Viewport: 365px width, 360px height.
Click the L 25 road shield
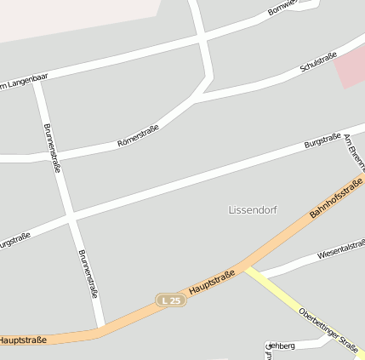click(x=169, y=300)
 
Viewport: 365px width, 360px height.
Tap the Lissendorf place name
click(x=253, y=209)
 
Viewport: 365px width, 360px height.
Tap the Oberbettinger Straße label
click(x=328, y=330)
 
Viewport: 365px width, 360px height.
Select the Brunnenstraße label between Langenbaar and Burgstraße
click(x=51, y=148)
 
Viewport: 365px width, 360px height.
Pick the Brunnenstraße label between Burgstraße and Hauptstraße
click(x=88, y=273)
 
